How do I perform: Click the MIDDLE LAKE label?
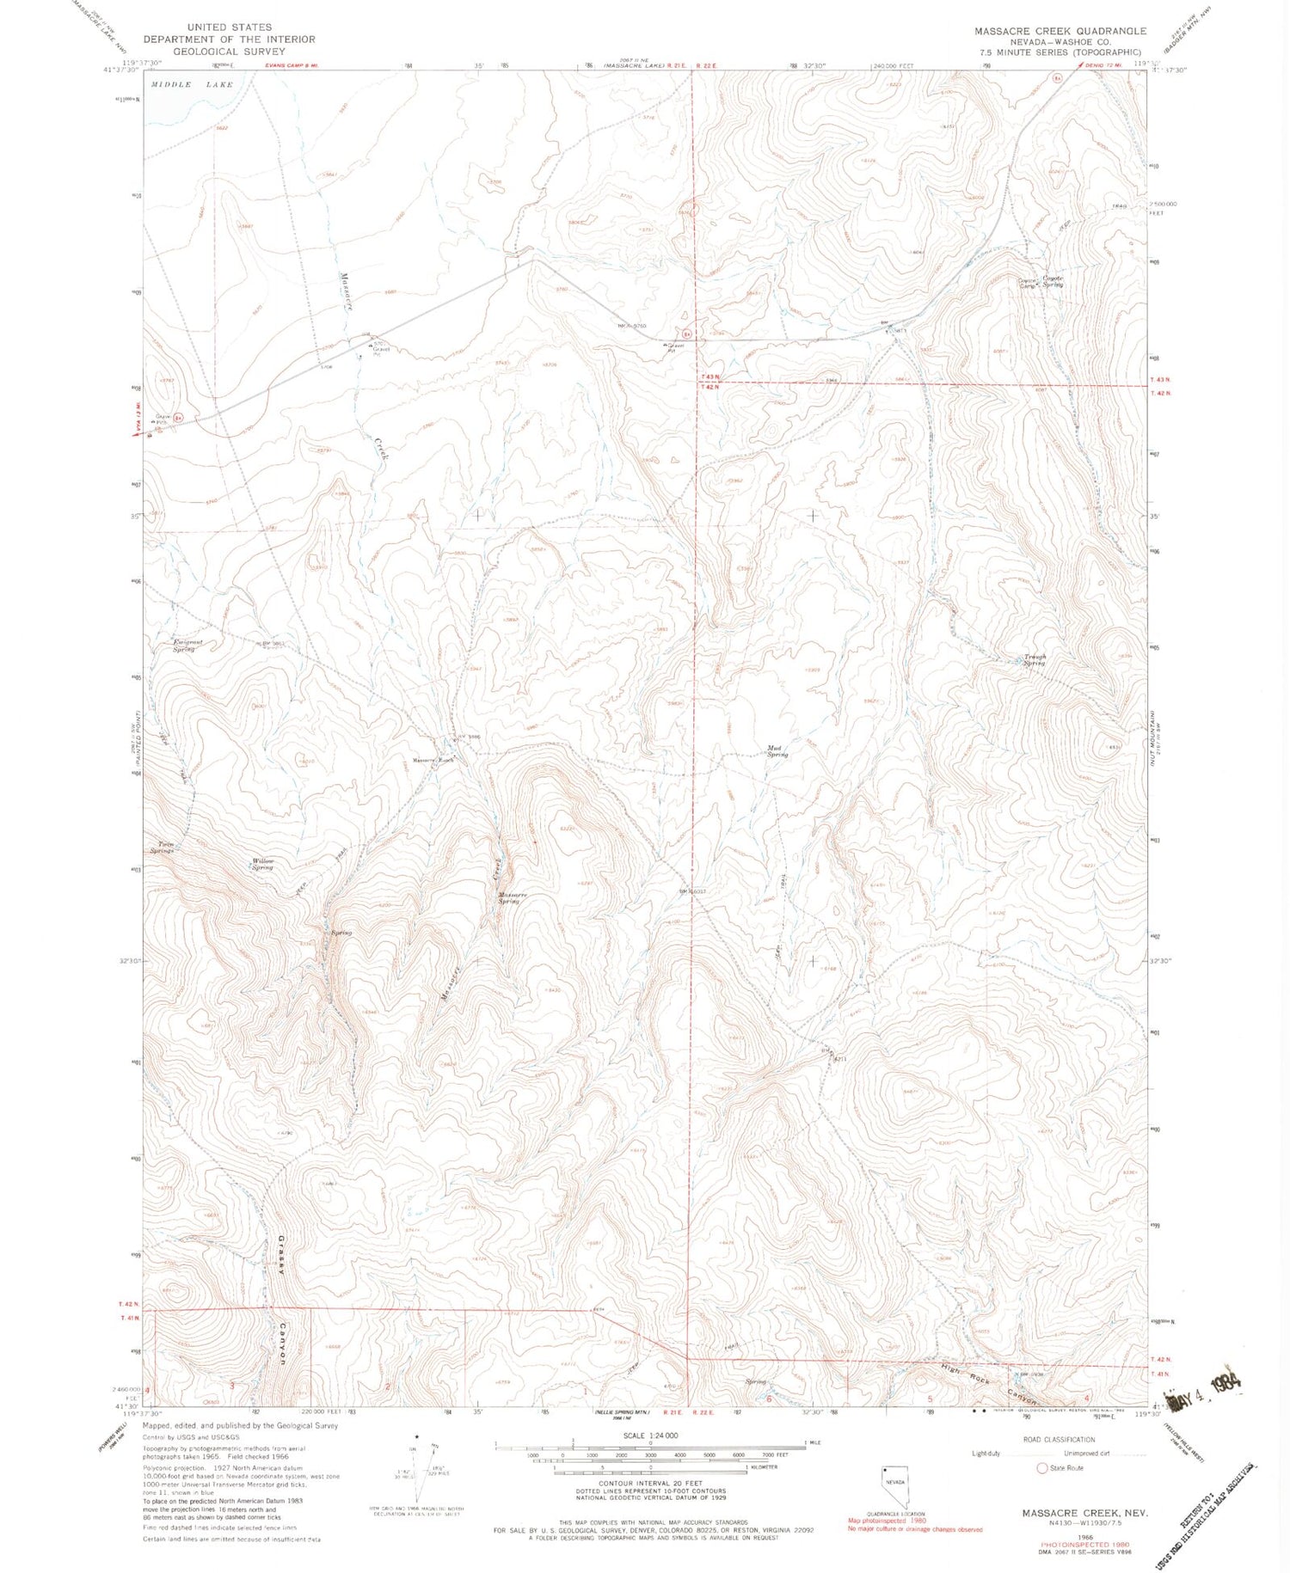click(192, 85)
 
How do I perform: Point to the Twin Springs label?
click(162, 848)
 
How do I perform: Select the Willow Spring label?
click(262, 864)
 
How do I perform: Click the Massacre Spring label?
click(513, 897)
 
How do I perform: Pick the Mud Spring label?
click(777, 751)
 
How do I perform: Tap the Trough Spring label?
click(1034, 660)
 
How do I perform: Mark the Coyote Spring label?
click(1053, 281)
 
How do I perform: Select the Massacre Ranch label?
click(433, 761)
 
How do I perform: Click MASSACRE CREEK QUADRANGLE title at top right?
click(1060, 31)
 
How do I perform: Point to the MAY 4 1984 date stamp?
click(1205, 1385)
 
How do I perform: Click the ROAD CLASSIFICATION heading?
click(1059, 1439)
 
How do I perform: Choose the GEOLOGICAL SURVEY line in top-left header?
click(229, 52)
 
